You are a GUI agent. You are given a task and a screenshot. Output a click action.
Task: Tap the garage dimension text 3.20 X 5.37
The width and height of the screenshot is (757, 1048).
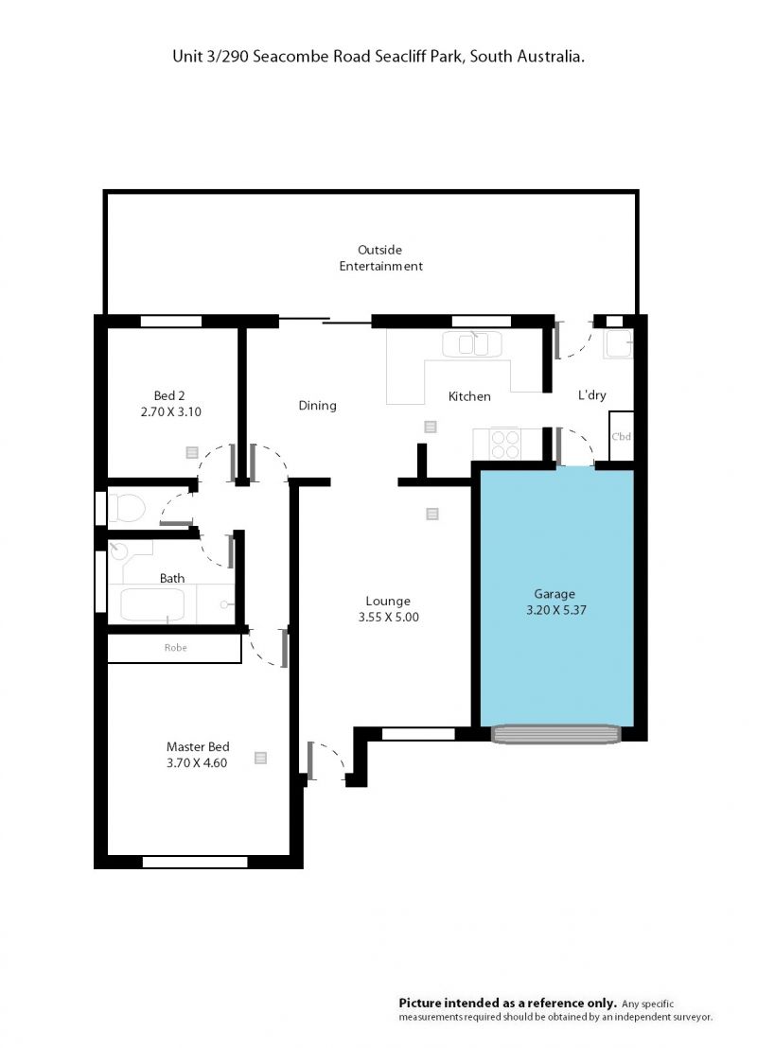pos(555,610)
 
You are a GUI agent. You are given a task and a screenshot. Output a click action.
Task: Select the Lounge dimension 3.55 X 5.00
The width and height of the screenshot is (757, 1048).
pos(389,618)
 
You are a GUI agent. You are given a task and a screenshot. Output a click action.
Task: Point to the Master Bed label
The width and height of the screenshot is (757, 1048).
pos(198,746)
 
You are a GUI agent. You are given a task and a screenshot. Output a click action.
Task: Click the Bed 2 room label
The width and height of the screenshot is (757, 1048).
pos(169,395)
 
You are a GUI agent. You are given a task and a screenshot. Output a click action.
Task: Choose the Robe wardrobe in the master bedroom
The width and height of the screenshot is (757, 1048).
pos(174,648)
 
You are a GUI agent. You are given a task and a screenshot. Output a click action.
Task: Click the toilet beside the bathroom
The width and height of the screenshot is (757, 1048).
pos(127,508)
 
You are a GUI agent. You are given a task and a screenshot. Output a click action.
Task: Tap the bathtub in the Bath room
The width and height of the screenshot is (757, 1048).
pos(152,604)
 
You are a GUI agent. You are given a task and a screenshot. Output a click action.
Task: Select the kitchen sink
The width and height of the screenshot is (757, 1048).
pos(472,344)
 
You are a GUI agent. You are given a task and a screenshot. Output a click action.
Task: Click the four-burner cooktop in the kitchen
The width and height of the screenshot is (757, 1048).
pos(505,445)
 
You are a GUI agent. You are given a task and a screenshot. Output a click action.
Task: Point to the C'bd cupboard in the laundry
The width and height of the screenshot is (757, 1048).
pos(622,436)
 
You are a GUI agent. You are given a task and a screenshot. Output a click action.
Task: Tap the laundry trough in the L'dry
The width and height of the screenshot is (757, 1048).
pos(618,343)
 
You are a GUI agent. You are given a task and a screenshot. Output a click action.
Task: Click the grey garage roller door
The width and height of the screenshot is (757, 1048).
pos(556,734)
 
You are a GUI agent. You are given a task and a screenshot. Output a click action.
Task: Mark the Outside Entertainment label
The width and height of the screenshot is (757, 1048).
pos(380,258)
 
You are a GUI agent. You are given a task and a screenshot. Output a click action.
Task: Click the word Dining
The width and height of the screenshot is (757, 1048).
pos(318,406)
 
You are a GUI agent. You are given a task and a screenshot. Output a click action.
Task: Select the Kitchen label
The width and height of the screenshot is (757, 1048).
pos(469,396)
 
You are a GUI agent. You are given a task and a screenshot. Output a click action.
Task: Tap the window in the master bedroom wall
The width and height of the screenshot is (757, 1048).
pos(195,863)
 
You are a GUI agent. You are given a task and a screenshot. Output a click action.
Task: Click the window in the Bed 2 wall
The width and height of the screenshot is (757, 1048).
pos(171,322)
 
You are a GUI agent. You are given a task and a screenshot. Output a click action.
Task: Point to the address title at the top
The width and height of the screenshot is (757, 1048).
pos(378,57)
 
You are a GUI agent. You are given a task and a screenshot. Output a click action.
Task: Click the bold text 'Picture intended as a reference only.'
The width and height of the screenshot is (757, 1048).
pos(507,1003)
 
